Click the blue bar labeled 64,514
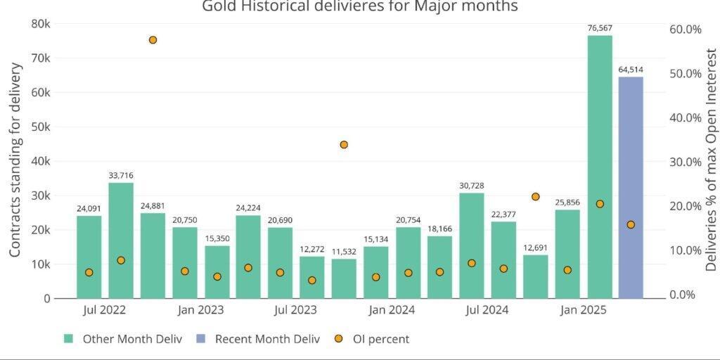pyautogui.click(x=631, y=187)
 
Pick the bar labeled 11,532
pyautogui.click(x=344, y=278)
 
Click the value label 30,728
pyautogui.click(x=472, y=186)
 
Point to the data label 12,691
pyautogui.click(x=535, y=247)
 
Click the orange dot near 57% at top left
pyautogui.click(x=153, y=40)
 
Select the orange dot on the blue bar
pyautogui.click(x=631, y=225)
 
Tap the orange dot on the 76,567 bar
pyautogui.click(x=600, y=204)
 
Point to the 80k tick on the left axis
pyautogui.click(x=41, y=24)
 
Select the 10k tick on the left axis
pyautogui.click(x=41, y=264)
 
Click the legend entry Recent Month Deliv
pyautogui.click(x=266, y=339)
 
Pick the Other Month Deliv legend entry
pyautogui.click(x=131, y=339)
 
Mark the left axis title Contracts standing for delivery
pyautogui.click(x=15, y=160)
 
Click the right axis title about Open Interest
pyautogui.click(x=711, y=160)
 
